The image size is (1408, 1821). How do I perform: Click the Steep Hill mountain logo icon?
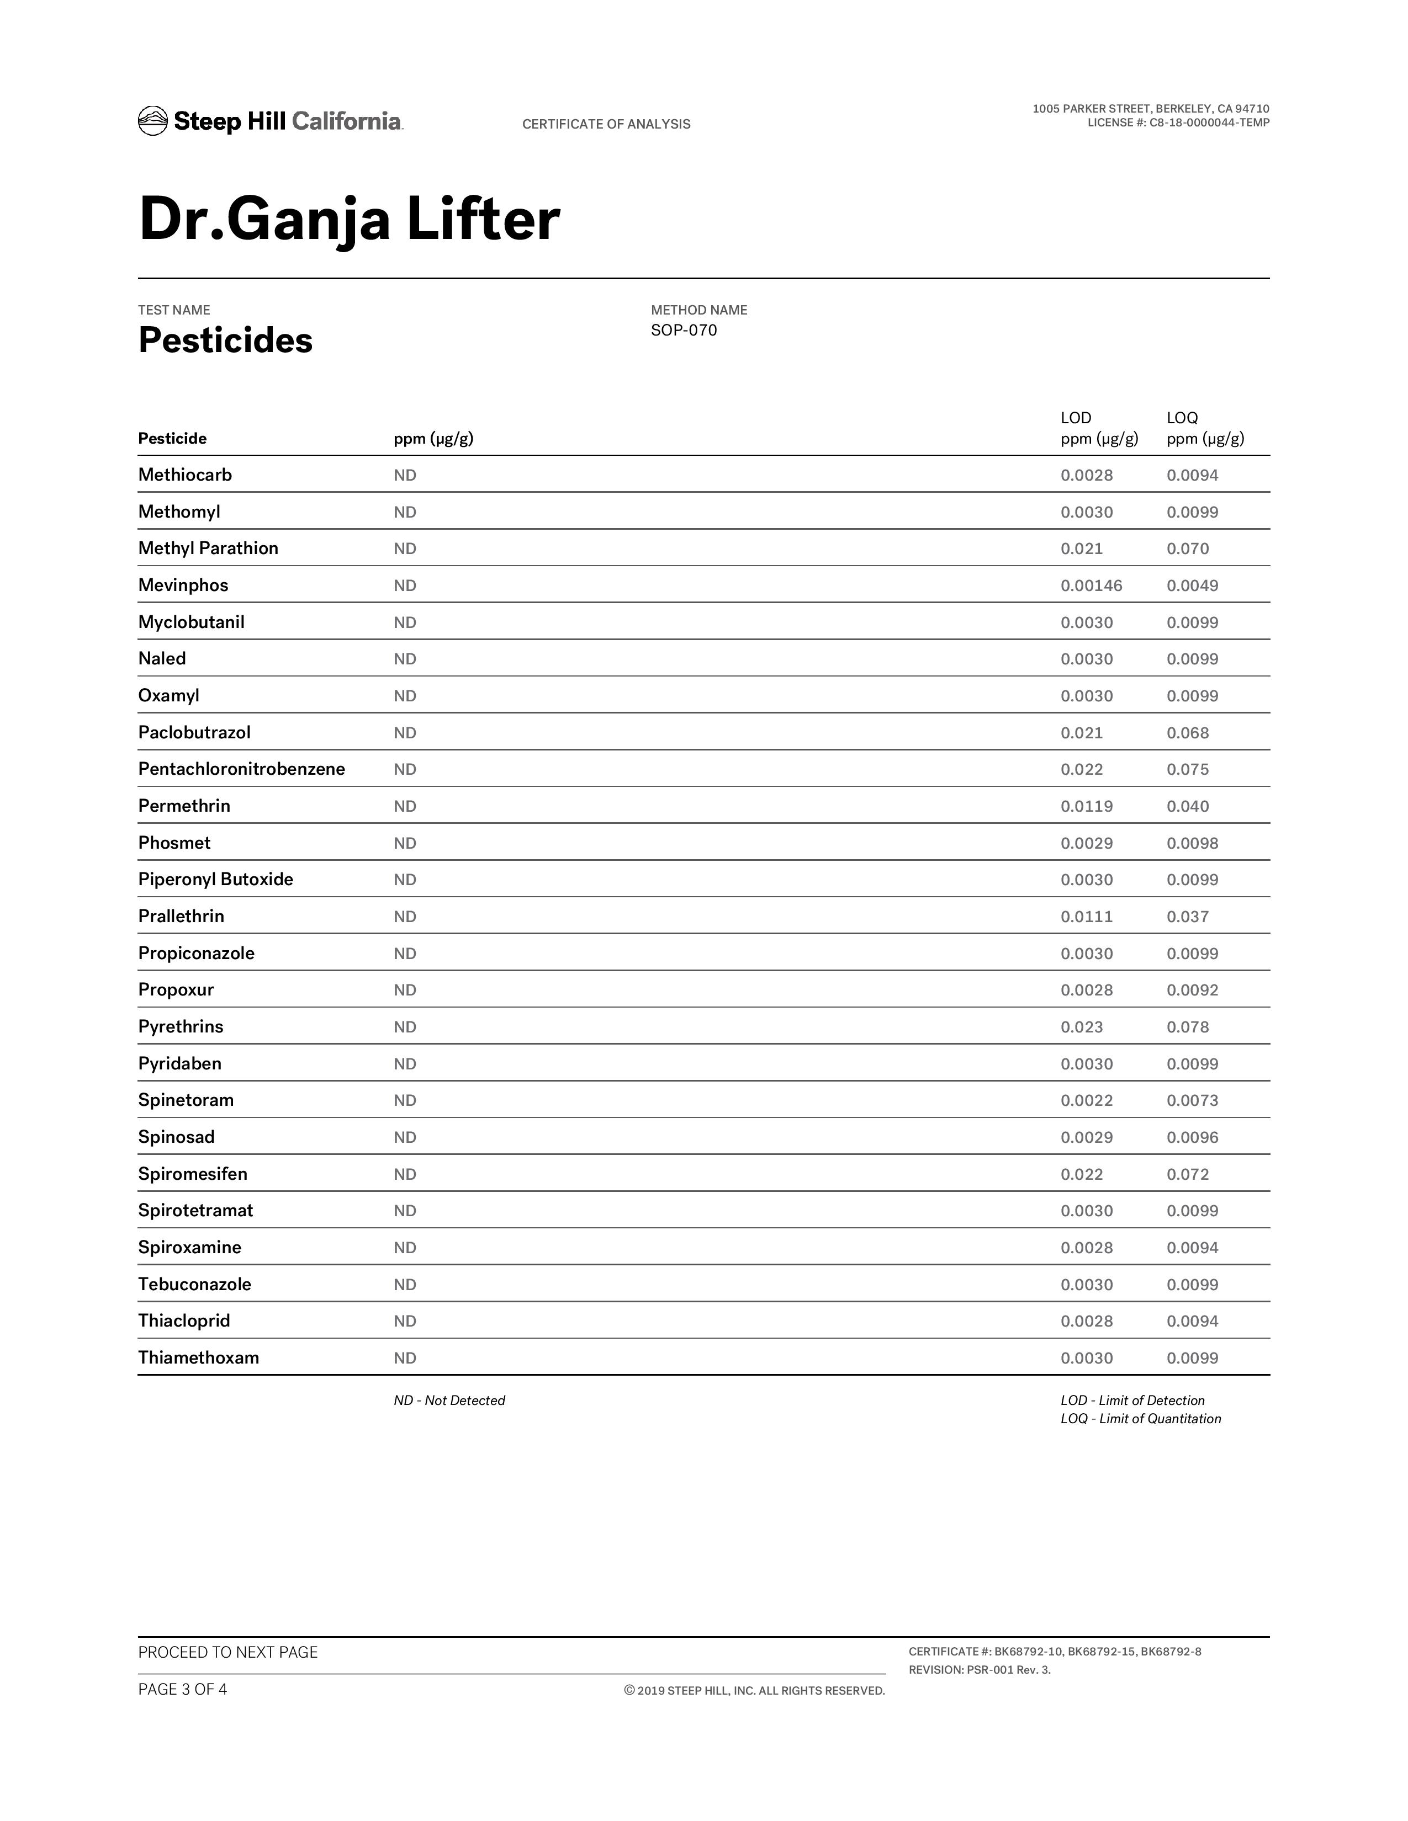[x=152, y=121]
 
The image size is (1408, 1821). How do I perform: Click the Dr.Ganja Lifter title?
[x=348, y=219]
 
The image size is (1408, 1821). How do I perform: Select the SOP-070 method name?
[x=683, y=330]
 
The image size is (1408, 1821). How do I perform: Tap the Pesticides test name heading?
[x=225, y=340]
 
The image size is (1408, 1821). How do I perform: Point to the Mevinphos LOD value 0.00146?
[x=1091, y=585]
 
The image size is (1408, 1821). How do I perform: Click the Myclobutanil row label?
[x=191, y=622]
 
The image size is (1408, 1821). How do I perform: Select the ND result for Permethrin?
[x=405, y=806]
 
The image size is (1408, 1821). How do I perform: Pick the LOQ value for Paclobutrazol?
[x=1187, y=733]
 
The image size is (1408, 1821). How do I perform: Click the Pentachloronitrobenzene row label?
[x=241, y=769]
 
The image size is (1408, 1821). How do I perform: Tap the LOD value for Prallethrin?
[x=1086, y=917]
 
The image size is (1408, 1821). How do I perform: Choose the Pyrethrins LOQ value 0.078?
[x=1187, y=1027]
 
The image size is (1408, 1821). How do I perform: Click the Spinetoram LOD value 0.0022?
[x=1086, y=1101]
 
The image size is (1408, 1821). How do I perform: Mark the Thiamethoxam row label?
[x=199, y=1357]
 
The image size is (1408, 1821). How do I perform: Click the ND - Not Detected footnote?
[x=449, y=1401]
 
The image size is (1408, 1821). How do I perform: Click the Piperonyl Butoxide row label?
[x=215, y=880]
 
